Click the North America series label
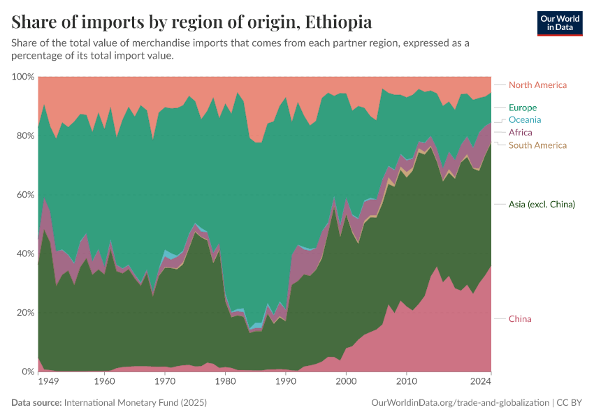coord(537,85)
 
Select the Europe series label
coord(523,108)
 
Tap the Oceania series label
coord(525,120)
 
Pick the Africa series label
coord(520,133)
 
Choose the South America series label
coord(537,145)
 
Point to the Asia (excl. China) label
coord(542,205)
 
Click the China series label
coord(520,319)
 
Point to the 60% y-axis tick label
coord(25,195)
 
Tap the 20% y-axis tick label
coord(25,313)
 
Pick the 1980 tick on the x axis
coord(225,382)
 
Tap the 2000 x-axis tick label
coord(346,382)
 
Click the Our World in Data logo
coord(560,23)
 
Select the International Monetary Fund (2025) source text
coord(135,403)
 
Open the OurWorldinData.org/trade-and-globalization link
coord(461,403)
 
